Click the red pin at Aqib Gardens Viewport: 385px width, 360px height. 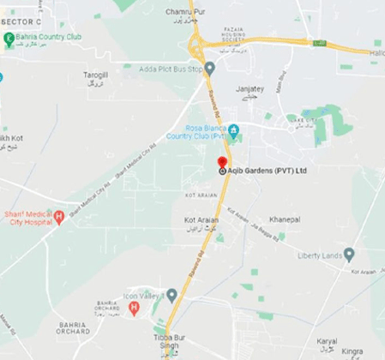pyautogui.click(x=222, y=162)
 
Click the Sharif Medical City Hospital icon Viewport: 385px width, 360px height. pyautogui.click(x=58, y=217)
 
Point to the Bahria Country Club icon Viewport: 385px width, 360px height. pyautogui.click(x=9, y=38)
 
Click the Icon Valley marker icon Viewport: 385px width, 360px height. pyautogui.click(x=171, y=295)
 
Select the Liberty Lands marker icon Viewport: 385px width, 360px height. pyautogui.click(x=349, y=255)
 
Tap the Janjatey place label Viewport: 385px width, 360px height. pyautogui.click(x=250, y=88)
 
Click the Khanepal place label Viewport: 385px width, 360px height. pyautogui.click(x=284, y=220)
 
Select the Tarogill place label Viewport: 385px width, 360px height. pyautogui.click(x=95, y=75)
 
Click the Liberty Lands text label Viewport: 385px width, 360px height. pyautogui.click(x=317, y=255)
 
